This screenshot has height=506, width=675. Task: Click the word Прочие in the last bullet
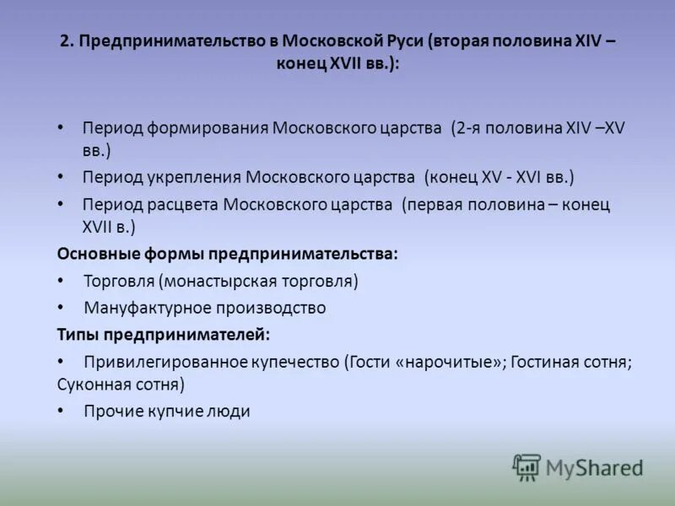pyautogui.click(x=111, y=412)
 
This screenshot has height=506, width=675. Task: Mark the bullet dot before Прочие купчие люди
pyautogui.click(x=60, y=411)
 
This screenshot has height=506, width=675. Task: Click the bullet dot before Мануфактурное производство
pyautogui.click(x=60, y=307)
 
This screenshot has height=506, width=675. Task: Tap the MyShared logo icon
pyautogui.click(x=526, y=466)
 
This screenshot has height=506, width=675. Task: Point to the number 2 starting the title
pyautogui.click(x=65, y=42)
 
